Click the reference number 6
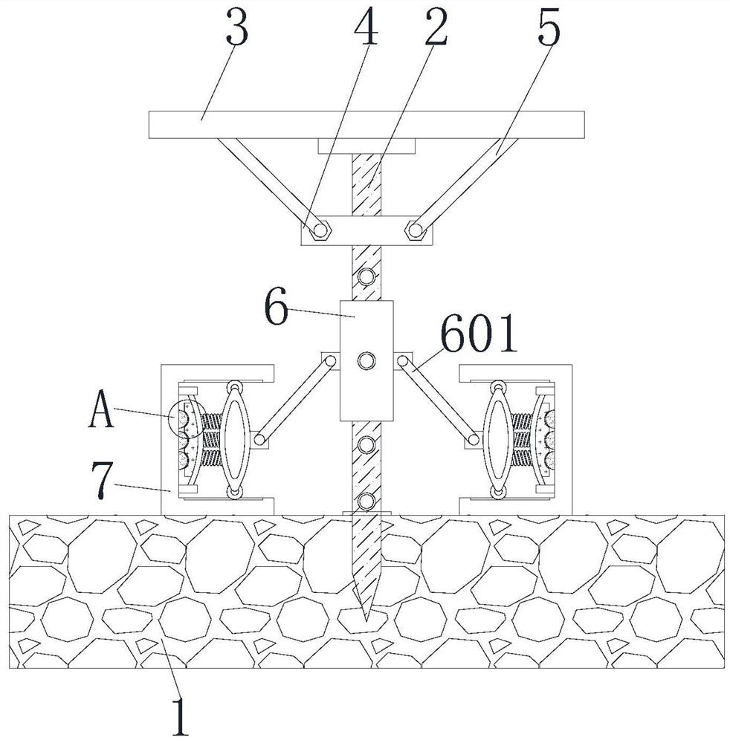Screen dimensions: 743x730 [x=277, y=308]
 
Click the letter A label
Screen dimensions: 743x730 [x=101, y=412]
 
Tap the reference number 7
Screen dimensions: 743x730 [x=103, y=473]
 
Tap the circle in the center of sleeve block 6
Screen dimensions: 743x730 [x=366, y=362]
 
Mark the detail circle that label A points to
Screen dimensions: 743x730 [x=185, y=419]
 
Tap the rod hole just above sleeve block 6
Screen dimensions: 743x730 [x=366, y=277]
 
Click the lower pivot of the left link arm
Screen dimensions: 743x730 [x=260, y=439]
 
